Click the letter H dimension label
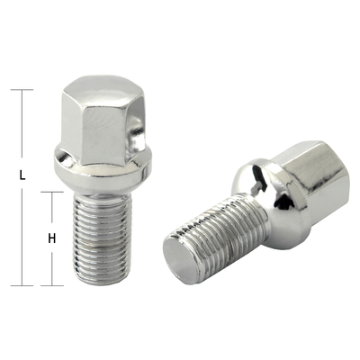[52, 239]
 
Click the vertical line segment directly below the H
[52, 266]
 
